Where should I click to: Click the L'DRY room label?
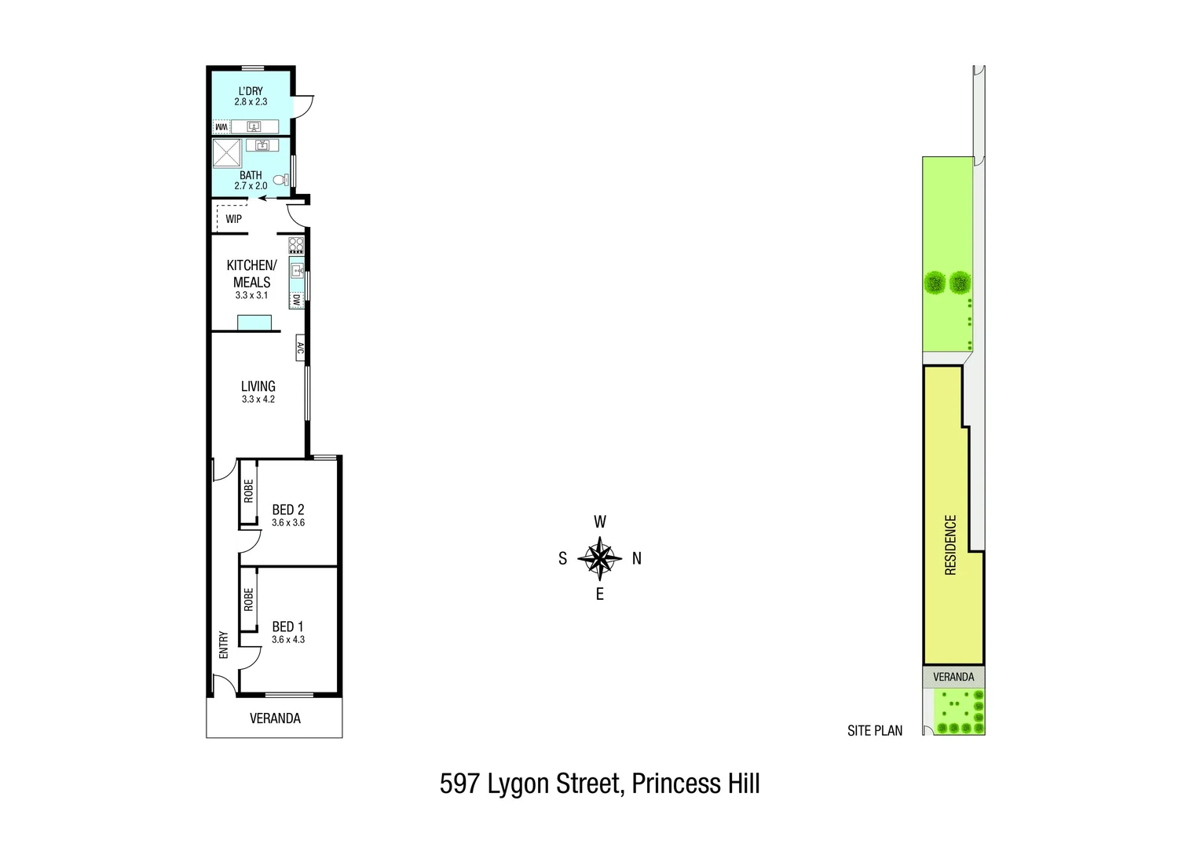[x=251, y=91]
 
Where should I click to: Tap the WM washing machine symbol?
[x=221, y=126]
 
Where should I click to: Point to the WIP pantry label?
[x=233, y=219]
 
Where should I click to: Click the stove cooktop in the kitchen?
[x=296, y=244]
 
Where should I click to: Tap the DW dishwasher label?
[x=296, y=300]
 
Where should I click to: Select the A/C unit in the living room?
[x=300, y=348]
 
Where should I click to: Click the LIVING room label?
[x=258, y=386]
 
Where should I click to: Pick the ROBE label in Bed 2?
[x=248, y=492]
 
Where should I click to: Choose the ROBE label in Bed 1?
[x=248, y=600]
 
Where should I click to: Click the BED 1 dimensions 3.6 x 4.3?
[x=287, y=640]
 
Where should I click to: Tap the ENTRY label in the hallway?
[x=223, y=645]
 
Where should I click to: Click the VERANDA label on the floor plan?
[x=275, y=718]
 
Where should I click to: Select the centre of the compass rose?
[x=599, y=558]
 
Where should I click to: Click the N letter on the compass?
[x=637, y=559]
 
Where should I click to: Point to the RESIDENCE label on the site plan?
[x=950, y=545]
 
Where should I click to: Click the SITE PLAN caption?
[x=874, y=731]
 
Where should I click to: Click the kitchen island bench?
[x=254, y=323]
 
